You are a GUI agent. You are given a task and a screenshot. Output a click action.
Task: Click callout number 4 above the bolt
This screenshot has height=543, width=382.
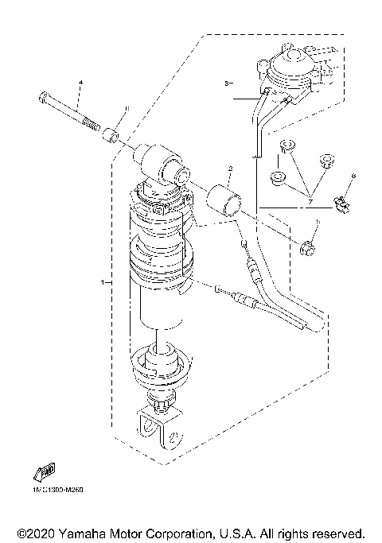coord(80,83)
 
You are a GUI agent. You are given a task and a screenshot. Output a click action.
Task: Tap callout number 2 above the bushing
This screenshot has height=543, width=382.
coord(229,169)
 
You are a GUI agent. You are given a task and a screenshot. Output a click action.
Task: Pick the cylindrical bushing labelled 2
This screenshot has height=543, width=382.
coord(224,198)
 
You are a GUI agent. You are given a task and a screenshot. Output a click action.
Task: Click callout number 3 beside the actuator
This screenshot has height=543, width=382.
coord(226,83)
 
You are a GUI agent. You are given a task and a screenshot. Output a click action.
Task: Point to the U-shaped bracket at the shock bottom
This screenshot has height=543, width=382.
coord(156,429)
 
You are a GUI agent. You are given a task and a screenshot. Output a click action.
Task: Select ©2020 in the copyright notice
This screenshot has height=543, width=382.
coord(36,532)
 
